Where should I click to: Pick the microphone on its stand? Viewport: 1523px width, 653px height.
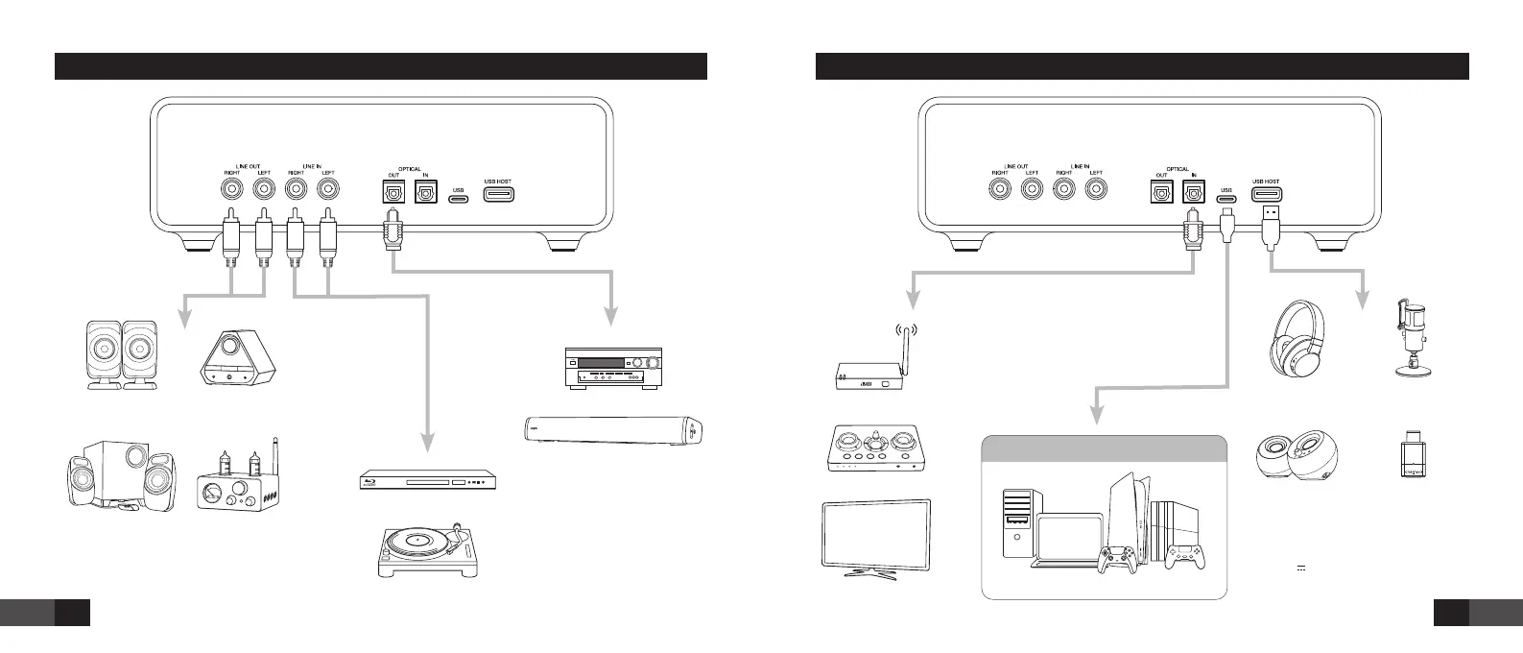click(1410, 342)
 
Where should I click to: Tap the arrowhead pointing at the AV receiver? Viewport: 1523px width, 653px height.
click(609, 318)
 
